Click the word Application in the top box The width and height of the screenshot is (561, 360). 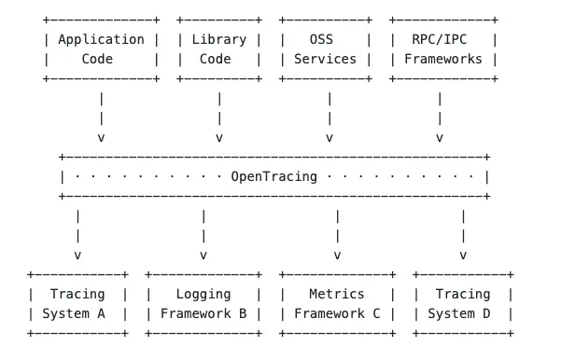pos(101,39)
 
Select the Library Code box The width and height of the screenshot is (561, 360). pos(219,49)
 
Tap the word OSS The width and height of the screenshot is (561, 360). pos(327,39)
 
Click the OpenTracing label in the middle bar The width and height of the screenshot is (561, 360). pos(273,176)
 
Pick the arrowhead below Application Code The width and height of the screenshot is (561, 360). pos(101,138)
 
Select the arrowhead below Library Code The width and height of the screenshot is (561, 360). pos(219,138)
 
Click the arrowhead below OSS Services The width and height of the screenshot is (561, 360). pos(329,138)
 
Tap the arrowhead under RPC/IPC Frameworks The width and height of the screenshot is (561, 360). pos(439,138)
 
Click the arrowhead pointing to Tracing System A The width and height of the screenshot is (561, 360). pos(77,255)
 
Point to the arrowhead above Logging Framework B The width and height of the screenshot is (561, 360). pos(203,255)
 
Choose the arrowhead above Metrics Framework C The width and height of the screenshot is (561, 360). pos(337,255)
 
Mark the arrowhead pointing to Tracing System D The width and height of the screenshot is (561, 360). pos(463,255)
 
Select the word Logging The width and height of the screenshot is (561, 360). pos(203,294)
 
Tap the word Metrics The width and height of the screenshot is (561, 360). pos(336,294)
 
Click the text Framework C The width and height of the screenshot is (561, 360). pos(337,313)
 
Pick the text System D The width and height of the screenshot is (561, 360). pos(463,313)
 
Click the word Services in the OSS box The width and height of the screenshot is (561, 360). pos(325,59)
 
